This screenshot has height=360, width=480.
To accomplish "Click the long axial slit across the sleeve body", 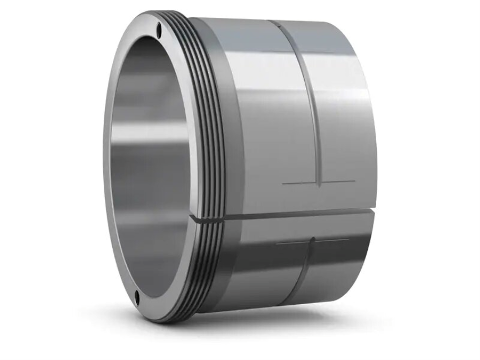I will [290, 214].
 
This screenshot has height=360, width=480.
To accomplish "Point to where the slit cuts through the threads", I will [207, 218].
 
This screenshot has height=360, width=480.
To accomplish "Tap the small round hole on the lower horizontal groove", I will [313, 241].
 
